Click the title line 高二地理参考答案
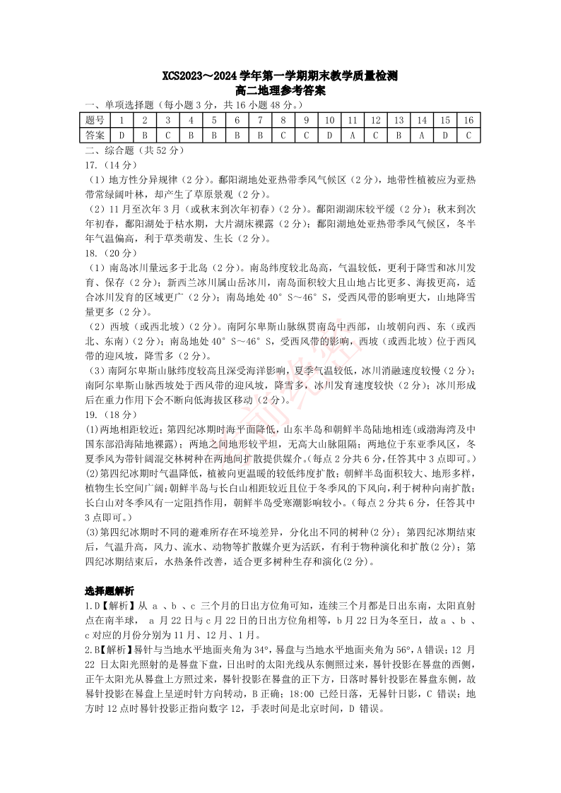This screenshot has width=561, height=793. (280, 91)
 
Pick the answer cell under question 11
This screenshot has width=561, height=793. (353, 135)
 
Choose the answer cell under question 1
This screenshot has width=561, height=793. (122, 135)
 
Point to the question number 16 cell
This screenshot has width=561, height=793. (468, 121)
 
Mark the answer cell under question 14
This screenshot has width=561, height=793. (422, 135)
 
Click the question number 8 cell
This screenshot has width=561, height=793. (283, 121)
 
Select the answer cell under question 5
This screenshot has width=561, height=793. (214, 135)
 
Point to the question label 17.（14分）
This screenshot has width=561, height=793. (103, 165)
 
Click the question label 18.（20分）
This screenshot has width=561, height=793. (103, 253)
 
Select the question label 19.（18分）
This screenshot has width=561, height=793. (103, 413)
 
